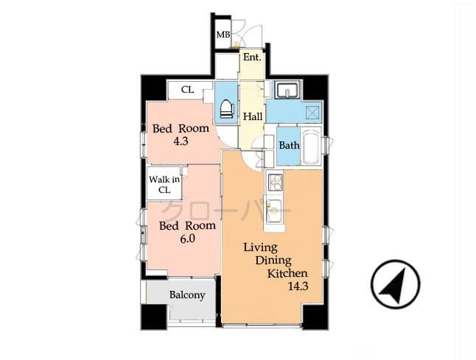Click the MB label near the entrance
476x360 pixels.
click(x=222, y=35)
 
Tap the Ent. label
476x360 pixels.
click(x=253, y=57)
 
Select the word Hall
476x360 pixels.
click(x=253, y=116)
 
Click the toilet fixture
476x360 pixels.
click(x=225, y=108)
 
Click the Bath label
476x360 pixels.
click(x=289, y=145)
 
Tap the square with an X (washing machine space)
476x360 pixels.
click(x=312, y=114)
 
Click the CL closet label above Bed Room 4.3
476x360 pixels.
click(x=187, y=90)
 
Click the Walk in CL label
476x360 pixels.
click(x=164, y=184)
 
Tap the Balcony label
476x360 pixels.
click(x=187, y=295)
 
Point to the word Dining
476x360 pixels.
click(x=274, y=261)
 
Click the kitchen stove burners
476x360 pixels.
click(x=276, y=180)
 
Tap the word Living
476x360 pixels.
click(x=262, y=248)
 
